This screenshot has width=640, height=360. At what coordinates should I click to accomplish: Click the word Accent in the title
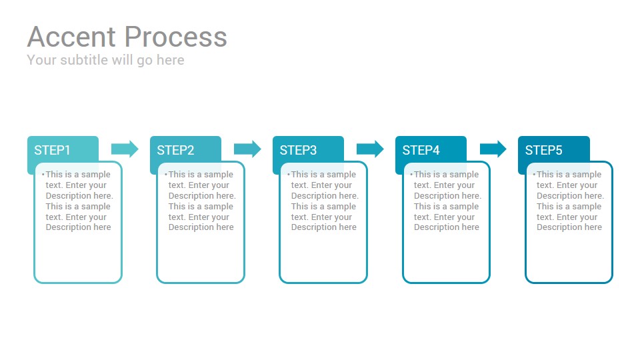71,37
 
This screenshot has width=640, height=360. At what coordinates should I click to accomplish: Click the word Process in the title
175,37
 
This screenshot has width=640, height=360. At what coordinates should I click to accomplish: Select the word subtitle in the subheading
84,60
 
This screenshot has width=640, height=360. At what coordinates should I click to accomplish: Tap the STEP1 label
52,150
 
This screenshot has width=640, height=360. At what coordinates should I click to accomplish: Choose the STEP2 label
175,150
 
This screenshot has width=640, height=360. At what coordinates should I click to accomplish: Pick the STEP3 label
298,150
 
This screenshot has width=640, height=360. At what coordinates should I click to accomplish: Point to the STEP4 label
421,150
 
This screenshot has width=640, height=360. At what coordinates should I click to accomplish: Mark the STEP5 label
544,150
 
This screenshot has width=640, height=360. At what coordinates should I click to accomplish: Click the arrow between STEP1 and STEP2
125,149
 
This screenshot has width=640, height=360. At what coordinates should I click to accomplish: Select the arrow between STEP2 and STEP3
247,149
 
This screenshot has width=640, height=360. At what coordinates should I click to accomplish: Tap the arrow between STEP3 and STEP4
370,149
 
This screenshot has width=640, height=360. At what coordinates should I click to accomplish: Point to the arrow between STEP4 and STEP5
493,149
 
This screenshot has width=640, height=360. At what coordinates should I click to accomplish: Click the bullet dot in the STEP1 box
43,175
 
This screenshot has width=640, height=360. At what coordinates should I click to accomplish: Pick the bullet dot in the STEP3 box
289,175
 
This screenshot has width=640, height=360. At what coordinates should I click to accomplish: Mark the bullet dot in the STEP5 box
534,175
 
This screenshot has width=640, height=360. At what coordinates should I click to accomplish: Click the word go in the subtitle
145,61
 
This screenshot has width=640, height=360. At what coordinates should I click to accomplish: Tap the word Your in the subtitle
41,60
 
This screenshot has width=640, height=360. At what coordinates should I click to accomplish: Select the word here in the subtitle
171,60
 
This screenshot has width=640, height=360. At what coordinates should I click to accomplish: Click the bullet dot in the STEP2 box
166,175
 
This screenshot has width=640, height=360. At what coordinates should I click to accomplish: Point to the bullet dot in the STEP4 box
411,175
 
